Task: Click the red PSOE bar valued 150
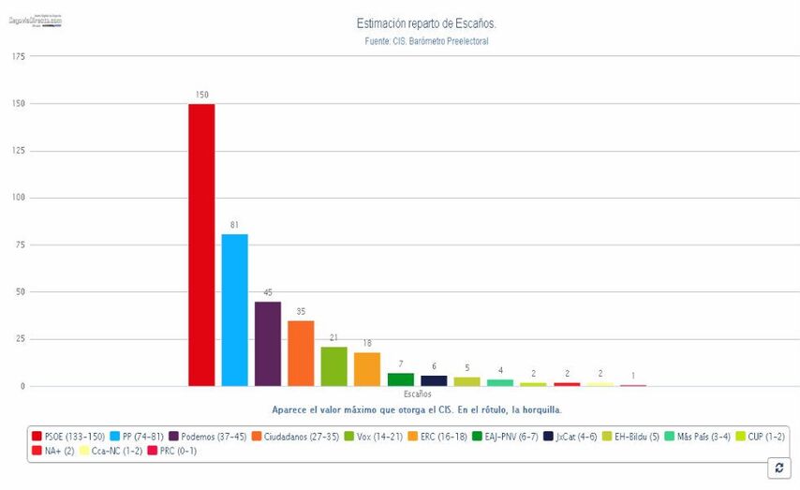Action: click(201, 245)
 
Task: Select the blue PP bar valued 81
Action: click(234, 310)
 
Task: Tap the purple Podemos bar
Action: click(268, 344)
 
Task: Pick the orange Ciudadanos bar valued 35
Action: click(301, 353)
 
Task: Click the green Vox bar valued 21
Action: click(333, 366)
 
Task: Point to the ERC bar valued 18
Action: click(367, 369)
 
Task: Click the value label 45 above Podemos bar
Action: click(268, 293)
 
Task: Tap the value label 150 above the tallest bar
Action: click(201, 96)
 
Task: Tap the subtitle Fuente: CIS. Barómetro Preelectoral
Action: click(426, 41)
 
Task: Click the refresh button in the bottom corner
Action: click(778, 467)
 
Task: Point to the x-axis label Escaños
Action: click(418, 395)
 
